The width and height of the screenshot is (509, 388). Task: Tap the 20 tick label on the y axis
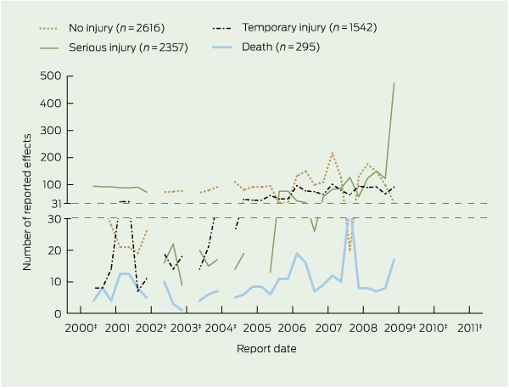click(53, 250)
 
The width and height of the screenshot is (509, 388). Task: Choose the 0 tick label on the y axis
click(56, 313)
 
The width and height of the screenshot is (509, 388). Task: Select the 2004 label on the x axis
click(221, 328)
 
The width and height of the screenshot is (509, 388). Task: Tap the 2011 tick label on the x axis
click(469, 328)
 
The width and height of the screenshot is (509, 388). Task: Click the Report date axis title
click(267, 347)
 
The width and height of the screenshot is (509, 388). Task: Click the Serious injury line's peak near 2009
click(394, 83)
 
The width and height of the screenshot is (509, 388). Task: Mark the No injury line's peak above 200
click(332, 153)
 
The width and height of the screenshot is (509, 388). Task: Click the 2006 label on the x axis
click(290, 328)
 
